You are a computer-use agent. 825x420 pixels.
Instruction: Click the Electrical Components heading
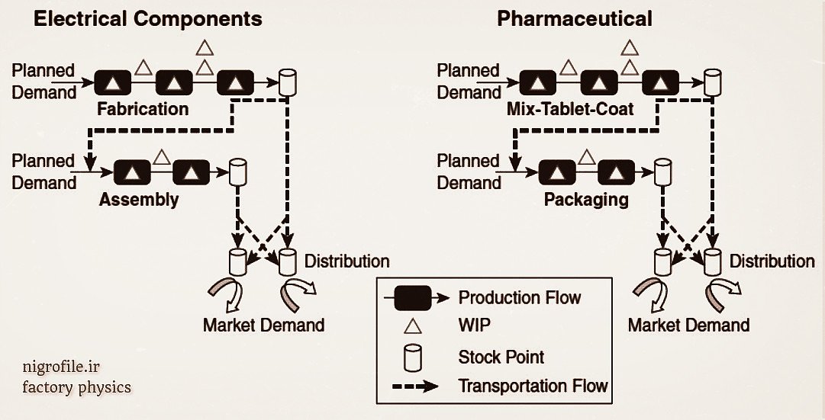[x=147, y=19]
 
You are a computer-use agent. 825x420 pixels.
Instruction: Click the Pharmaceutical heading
[x=575, y=19]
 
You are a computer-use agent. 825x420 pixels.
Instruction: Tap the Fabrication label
[x=143, y=109]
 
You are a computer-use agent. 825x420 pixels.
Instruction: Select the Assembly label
[x=138, y=200]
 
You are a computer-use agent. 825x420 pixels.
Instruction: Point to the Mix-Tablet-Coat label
[x=569, y=109]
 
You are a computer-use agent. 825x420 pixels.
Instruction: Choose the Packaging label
[x=586, y=200]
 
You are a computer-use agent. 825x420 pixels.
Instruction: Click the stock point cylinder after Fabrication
[x=288, y=82]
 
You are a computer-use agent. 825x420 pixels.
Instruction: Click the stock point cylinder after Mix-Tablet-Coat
[x=713, y=82]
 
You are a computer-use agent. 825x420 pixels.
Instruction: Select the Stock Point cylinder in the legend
[x=413, y=356]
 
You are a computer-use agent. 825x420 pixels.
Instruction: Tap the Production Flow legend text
[x=519, y=297]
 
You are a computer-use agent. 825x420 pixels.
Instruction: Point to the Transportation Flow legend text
[x=533, y=386]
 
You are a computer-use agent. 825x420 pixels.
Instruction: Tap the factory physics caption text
[x=76, y=388]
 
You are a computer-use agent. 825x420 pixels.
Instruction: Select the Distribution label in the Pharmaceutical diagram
[x=772, y=261]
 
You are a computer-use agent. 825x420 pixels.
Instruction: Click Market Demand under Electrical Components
[x=263, y=325]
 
